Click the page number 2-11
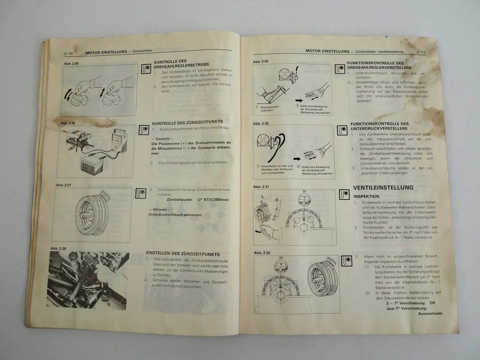click(x=420, y=52)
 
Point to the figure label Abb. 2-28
click(x=58, y=249)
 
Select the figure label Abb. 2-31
click(x=261, y=186)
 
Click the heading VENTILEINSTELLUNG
click(x=383, y=187)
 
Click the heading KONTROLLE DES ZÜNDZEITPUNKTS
click(x=187, y=122)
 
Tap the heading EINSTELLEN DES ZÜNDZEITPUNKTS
click(x=183, y=254)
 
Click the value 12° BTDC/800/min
click(x=213, y=200)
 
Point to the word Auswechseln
click(x=430, y=313)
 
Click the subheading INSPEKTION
click(x=366, y=196)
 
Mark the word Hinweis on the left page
click(x=162, y=209)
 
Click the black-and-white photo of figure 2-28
click(x=90, y=275)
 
